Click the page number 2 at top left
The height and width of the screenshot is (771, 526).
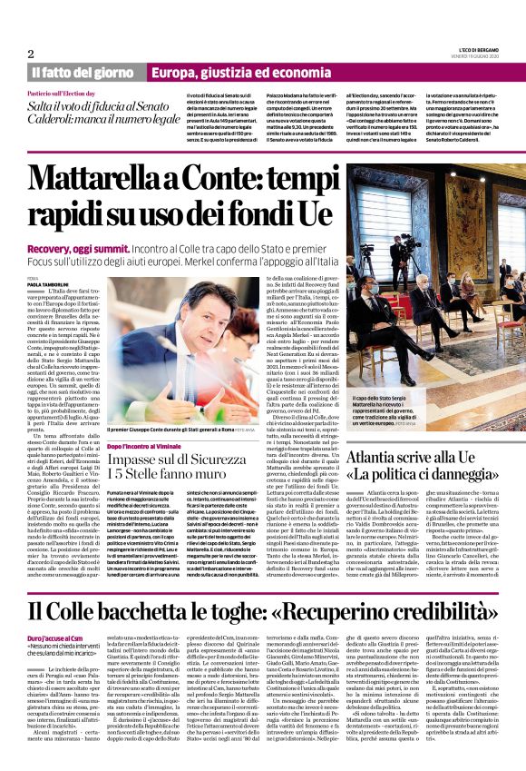tap(31, 54)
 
